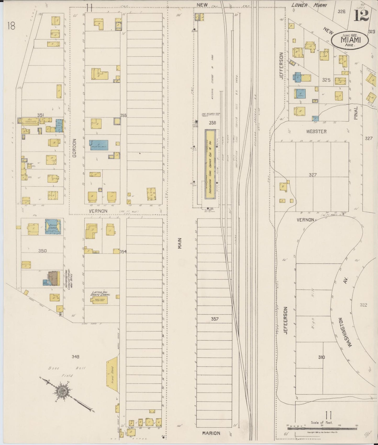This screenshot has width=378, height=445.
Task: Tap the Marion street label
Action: coord(211,433)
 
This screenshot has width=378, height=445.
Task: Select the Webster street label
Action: coord(316,132)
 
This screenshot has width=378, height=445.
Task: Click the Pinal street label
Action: coord(356,114)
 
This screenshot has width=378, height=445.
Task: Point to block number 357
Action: coord(215,319)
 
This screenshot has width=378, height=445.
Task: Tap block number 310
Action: coord(321,357)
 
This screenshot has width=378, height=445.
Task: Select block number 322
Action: coord(364,305)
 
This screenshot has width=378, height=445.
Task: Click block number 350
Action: coord(42,251)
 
